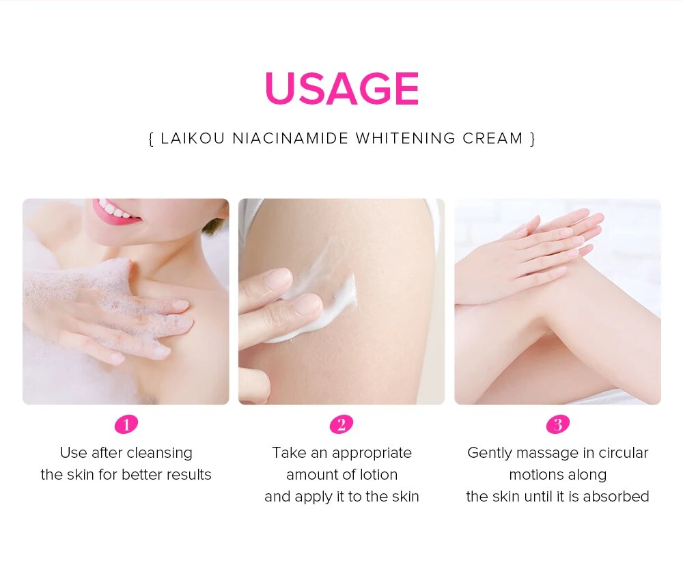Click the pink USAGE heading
(342, 88)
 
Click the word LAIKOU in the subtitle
(193, 138)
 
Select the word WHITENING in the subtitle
(405, 138)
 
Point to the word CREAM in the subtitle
(492, 138)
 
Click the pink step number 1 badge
(126, 424)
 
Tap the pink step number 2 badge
(341, 424)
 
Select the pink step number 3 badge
(558, 424)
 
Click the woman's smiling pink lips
(115, 211)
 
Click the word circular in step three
(624, 453)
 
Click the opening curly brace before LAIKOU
(151, 139)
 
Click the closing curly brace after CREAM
(532, 139)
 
